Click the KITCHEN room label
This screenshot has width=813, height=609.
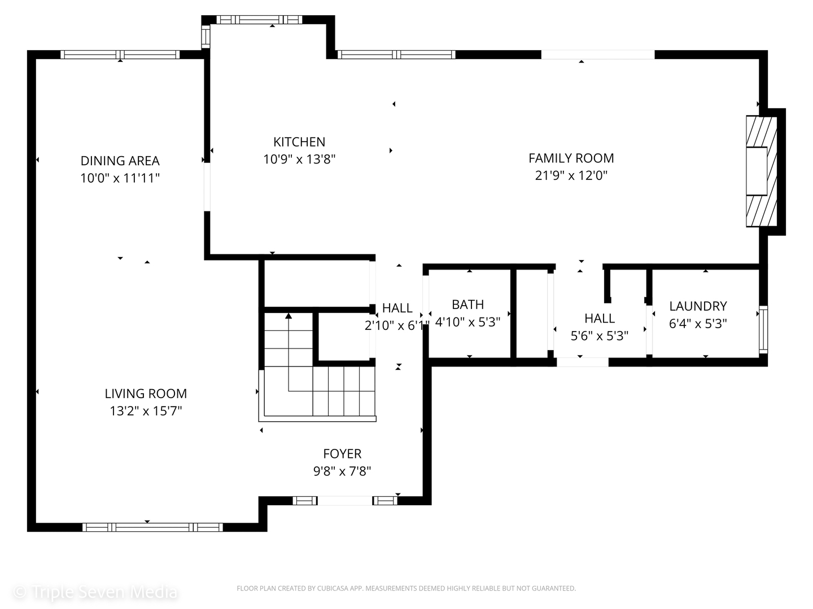coord(299,142)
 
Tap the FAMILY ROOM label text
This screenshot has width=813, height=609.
coord(571,158)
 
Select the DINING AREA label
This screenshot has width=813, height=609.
coord(120,161)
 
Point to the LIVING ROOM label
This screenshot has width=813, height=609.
coord(146,394)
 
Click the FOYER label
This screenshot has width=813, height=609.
coord(342,454)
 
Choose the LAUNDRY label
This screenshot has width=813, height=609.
coord(698,306)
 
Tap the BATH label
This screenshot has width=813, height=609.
coord(468,304)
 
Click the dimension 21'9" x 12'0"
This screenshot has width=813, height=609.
coord(571,175)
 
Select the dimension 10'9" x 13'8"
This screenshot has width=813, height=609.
coord(299,160)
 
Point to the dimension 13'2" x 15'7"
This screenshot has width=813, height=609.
coord(146,411)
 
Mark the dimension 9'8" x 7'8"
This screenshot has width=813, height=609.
coord(342,471)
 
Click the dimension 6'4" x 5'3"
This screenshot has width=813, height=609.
coord(698,324)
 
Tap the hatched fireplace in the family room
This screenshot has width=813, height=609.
coord(762,171)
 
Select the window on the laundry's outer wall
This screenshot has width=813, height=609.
coord(763,330)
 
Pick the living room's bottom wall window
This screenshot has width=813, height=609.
coord(152,527)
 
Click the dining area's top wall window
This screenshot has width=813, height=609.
coord(120,55)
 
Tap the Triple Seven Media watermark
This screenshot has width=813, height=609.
coord(95,592)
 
